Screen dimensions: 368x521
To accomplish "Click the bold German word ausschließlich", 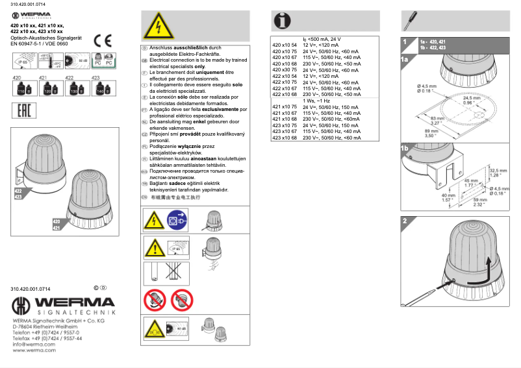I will click(x=190, y=48).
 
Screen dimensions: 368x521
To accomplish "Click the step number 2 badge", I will click(x=405, y=220).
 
